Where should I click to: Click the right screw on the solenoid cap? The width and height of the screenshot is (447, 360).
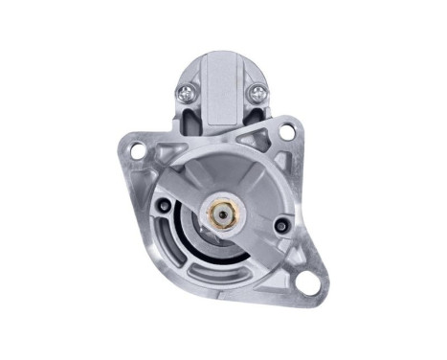[256, 93]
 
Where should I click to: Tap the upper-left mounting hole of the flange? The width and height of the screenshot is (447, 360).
[138, 150]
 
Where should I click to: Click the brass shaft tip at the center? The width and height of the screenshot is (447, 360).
[223, 210]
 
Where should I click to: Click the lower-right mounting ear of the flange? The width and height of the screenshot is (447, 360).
[306, 273]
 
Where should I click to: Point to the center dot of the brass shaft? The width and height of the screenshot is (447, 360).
[223, 210]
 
